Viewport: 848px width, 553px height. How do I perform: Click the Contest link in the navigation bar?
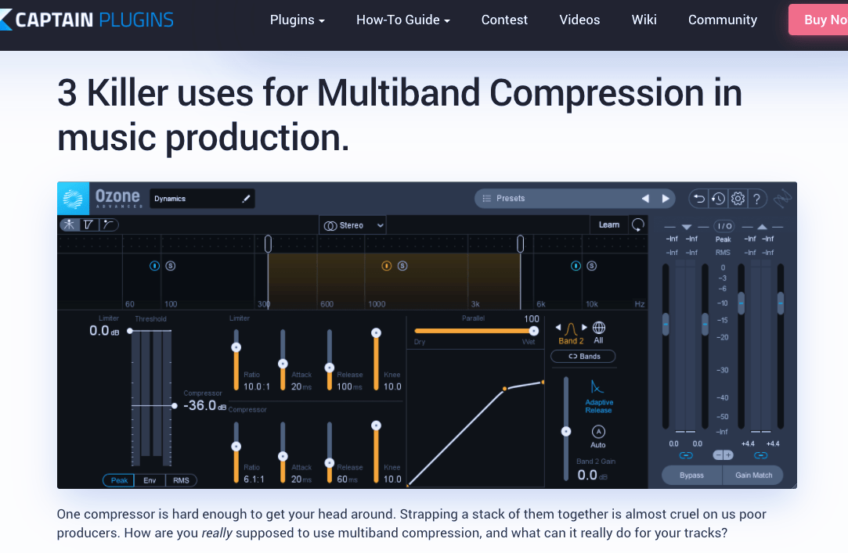(x=504, y=20)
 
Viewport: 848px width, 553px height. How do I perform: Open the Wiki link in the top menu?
(x=644, y=20)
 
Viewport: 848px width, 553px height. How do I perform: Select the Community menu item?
(x=722, y=20)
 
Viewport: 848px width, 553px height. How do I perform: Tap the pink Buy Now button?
(x=819, y=20)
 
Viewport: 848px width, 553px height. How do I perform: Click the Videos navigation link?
(x=579, y=20)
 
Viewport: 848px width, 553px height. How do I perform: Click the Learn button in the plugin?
(x=608, y=224)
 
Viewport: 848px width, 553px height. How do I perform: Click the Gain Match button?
(x=753, y=475)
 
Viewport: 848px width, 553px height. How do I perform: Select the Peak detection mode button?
(x=118, y=480)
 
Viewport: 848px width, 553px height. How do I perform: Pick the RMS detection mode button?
(x=181, y=480)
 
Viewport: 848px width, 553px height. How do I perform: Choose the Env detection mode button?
(x=150, y=480)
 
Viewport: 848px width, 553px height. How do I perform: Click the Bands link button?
(x=583, y=357)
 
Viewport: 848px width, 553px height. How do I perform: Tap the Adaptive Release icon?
(x=598, y=387)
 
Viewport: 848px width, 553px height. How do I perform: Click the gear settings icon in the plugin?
(x=738, y=199)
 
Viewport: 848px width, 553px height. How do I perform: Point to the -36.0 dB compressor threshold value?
(x=200, y=406)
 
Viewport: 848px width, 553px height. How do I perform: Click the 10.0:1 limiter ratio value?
(x=256, y=386)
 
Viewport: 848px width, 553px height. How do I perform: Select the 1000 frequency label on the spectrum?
(x=377, y=304)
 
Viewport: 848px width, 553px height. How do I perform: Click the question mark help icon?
(x=756, y=199)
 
